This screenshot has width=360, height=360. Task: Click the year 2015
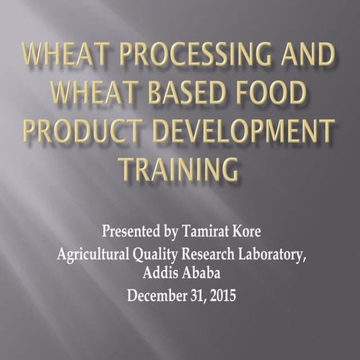[x=221, y=295]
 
